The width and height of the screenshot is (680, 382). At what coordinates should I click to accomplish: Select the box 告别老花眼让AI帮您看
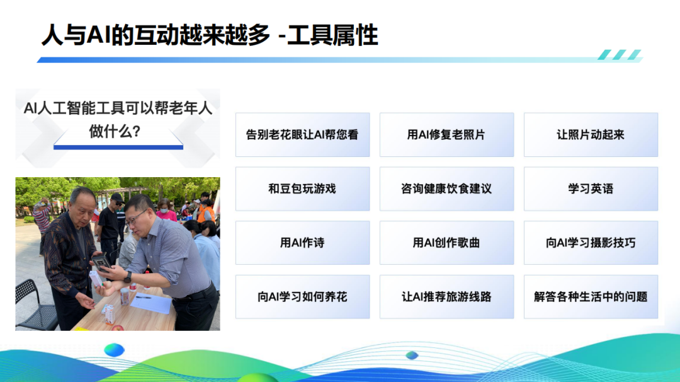[x=302, y=135]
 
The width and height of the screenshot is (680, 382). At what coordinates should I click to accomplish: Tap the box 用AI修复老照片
[x=446, y=135]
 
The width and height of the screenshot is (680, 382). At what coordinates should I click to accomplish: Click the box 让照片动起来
[x=591, y=135]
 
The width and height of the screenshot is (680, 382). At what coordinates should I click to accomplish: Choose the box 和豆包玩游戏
[x=302, y=188]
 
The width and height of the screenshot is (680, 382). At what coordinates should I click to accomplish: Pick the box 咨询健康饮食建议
[x=446, y=188]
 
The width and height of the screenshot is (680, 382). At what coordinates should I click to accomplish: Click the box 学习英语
[x=591, y=188]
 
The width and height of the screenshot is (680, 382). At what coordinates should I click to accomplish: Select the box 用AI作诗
[x=302, y=243]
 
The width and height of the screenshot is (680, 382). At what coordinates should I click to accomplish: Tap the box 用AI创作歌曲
[x=446, y=243]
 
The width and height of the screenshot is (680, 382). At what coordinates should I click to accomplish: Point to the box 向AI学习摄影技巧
[x=591, y=243]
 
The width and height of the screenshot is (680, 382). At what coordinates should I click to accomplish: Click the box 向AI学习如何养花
[x=302, y=297]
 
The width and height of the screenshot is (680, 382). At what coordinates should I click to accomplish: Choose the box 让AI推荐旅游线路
[x=446, y=297]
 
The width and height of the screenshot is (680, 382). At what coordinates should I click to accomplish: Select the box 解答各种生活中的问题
[x=591, y=297]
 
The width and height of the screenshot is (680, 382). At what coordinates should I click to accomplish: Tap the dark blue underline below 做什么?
[x=118, y=148]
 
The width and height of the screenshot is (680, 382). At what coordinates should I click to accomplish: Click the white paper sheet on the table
[x=151, y=303]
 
